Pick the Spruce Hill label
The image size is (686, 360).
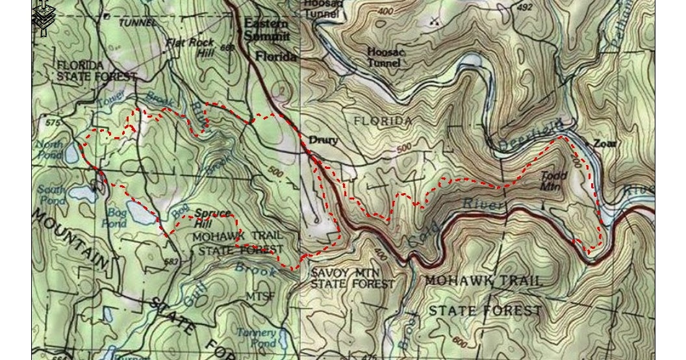point(212,218)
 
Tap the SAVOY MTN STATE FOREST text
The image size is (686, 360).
point(352,278)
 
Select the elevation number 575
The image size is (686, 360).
point(53,122)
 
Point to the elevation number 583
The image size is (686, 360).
point(171,262)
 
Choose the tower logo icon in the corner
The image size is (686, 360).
point(43,18)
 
